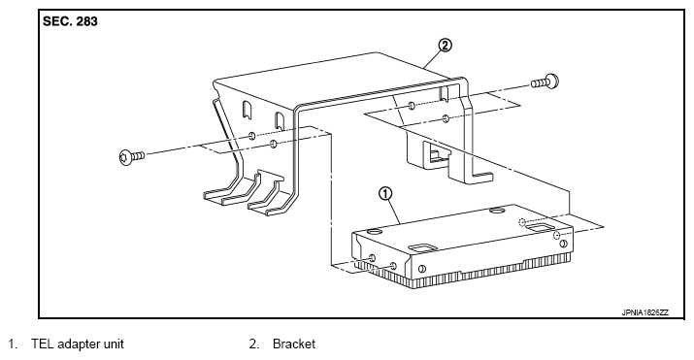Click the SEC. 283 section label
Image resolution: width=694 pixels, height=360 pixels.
[70, 21]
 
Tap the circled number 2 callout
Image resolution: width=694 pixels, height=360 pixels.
[445, 45]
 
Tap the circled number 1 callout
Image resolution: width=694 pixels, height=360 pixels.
[385, 193]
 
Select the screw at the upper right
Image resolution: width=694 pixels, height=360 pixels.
[545, 82]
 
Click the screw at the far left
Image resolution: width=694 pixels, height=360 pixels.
[132, 156]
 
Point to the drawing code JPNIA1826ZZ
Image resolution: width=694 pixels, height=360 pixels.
[644, 312]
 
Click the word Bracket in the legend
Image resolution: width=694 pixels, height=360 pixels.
[294, 344]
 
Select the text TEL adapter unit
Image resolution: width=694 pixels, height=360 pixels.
[78, 344]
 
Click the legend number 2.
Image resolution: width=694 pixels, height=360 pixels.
[253, 344]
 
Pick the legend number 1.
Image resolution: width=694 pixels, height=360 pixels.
[13, 344]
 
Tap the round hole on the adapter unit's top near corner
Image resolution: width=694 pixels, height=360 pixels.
[374, 231]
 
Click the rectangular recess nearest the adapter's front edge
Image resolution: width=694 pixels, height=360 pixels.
[423, 246]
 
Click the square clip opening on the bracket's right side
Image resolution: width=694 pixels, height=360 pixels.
[436, 154]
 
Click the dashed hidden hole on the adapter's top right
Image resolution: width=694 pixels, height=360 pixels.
[523, 221]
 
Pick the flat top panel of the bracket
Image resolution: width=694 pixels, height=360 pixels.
[337, 81]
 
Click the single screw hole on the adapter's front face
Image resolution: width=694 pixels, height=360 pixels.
[422, 269]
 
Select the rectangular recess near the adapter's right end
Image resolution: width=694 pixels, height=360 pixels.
[539, 227]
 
